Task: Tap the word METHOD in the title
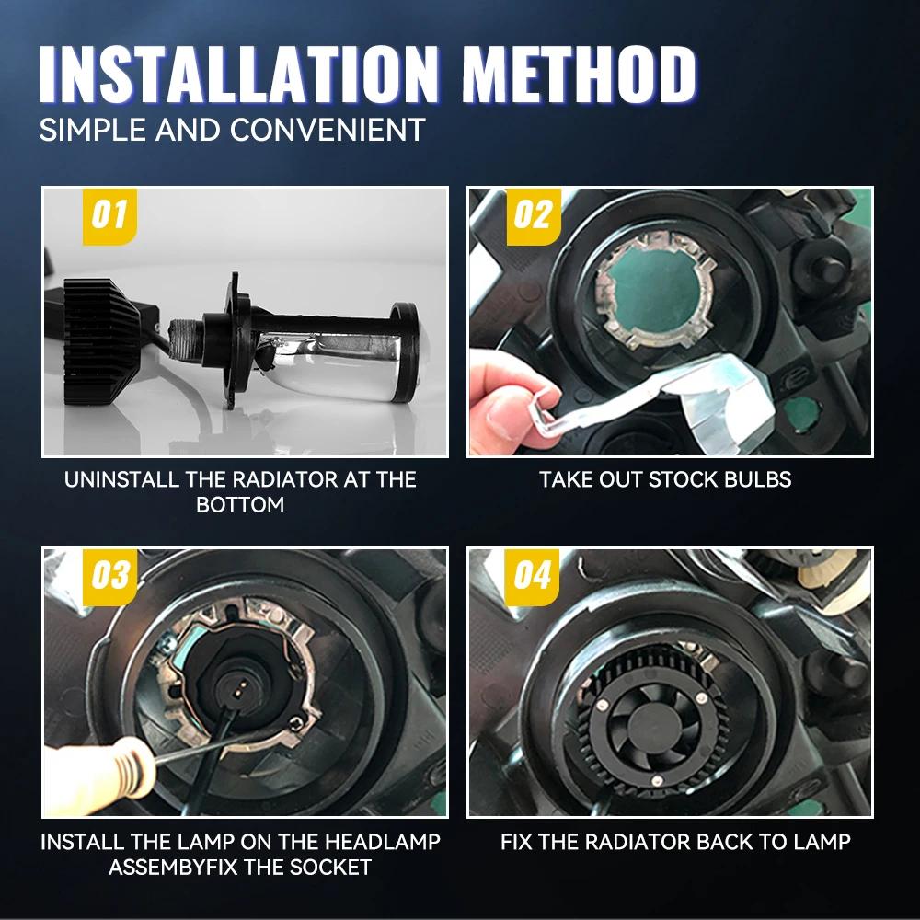point(580,74)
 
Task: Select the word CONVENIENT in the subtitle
point(328,130)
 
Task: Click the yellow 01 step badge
point(109,216)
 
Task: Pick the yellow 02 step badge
point(534,216)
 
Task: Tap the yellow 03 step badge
point(109,576)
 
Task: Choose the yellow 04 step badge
point(532,576)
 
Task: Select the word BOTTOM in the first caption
point(240,504)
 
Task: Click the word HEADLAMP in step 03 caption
point(383,842)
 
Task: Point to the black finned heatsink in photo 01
point(101,341)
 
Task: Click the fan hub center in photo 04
point(650,730)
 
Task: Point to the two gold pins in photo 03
point(237,687)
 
